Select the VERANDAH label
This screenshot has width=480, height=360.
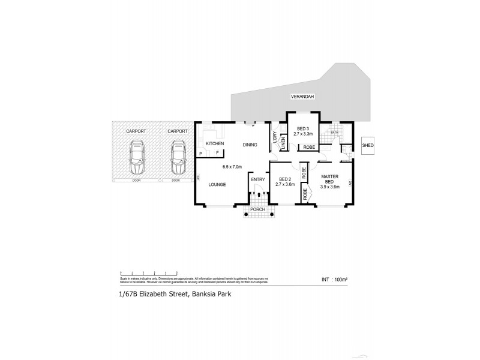point(303,96)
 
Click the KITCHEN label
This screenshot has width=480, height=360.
point(215,144)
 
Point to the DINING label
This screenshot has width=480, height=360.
point(250,144)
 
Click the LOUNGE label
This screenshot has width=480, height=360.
point(217,184)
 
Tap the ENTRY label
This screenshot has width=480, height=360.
point(257,179)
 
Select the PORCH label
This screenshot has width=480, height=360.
point(262,209)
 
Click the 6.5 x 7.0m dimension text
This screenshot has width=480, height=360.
point(232,166)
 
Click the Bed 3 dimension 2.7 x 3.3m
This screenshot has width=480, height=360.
point(302,134)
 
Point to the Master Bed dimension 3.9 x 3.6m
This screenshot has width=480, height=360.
point(330,187)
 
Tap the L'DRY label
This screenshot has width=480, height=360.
point(274,136)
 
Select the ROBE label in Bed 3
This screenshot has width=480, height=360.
point(308,147)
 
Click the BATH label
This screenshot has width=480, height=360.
point(334,132)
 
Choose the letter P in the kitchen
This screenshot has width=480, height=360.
point(201,154)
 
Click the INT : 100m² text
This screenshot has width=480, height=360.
point(334,279)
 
